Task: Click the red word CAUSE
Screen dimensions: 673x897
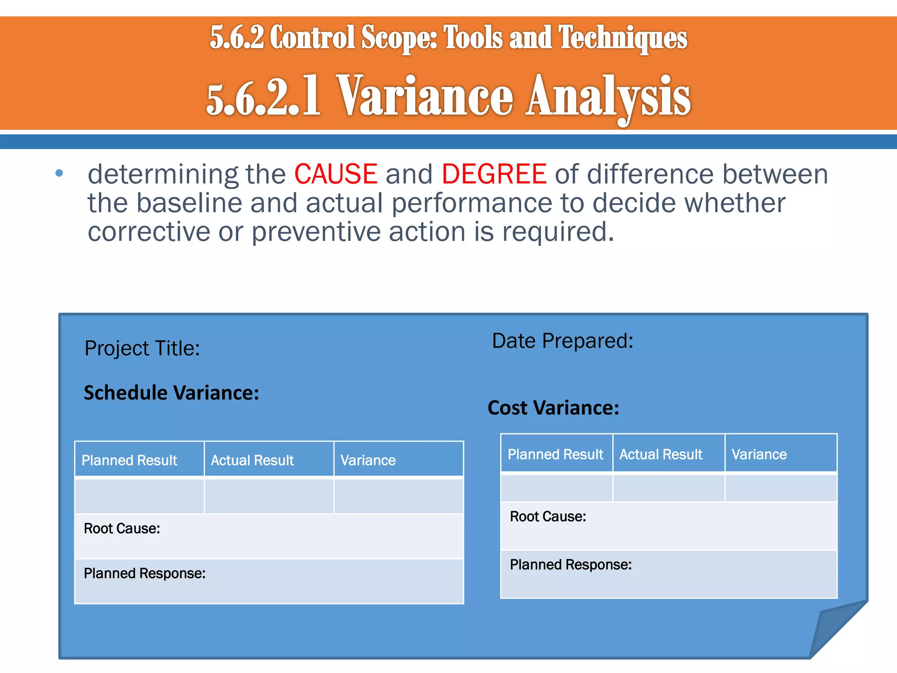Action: point(335,174)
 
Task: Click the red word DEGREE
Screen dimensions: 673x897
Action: point(494,174)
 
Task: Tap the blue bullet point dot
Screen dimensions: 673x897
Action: point(59,174)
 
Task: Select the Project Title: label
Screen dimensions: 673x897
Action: point(142,348)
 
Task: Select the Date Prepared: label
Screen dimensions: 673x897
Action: point(562,341)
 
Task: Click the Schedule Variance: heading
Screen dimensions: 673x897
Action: point(171,393)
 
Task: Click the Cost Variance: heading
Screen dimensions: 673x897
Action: point(553,408)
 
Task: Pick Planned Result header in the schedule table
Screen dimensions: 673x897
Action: point(129,460)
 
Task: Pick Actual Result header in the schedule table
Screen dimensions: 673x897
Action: point(252,460)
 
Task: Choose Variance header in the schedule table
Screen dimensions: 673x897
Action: point(368,460)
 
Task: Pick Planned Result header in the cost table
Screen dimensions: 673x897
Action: point(555,454)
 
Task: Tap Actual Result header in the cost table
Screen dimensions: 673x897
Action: point(660,454)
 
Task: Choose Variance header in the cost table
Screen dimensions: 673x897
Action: point(759,454)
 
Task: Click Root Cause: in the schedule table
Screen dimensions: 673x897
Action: point(122,528)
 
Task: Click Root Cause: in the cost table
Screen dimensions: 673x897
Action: point(548,517)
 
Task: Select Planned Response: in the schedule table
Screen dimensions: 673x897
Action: point(145,573)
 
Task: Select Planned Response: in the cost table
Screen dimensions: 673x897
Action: point(571,564)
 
